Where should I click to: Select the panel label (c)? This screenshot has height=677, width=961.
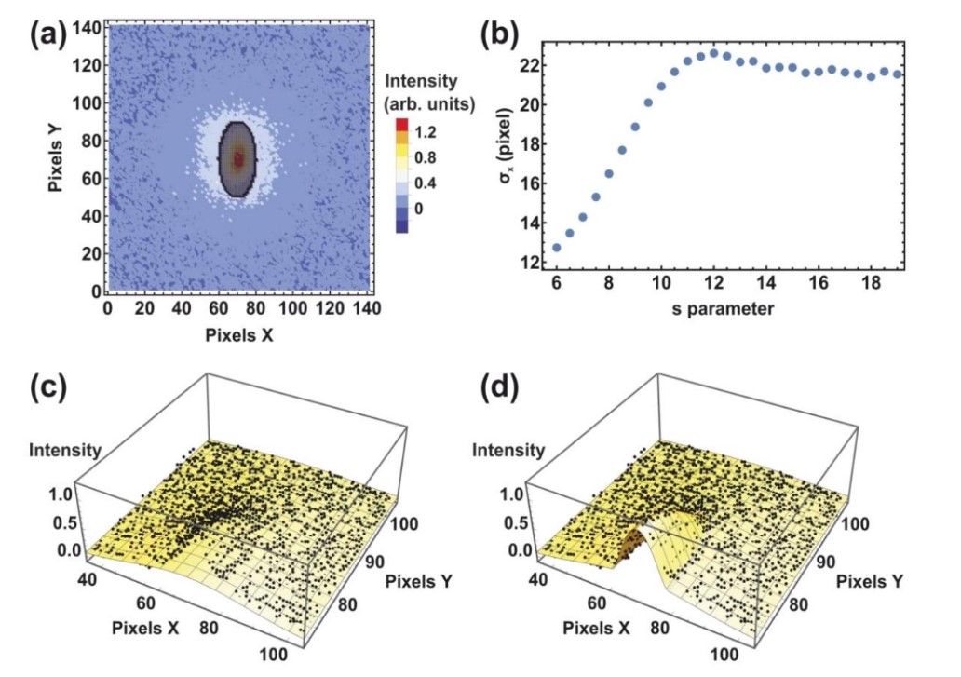click(47, 387)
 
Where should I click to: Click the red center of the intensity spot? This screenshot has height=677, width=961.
click(238, 159)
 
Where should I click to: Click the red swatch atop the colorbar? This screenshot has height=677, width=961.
click(401, 125)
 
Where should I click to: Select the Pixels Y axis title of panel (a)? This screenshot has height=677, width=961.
click(58, 159)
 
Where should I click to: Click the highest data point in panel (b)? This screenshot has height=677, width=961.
click(714, 53)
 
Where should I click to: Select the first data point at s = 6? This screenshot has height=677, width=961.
click(557, 248)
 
